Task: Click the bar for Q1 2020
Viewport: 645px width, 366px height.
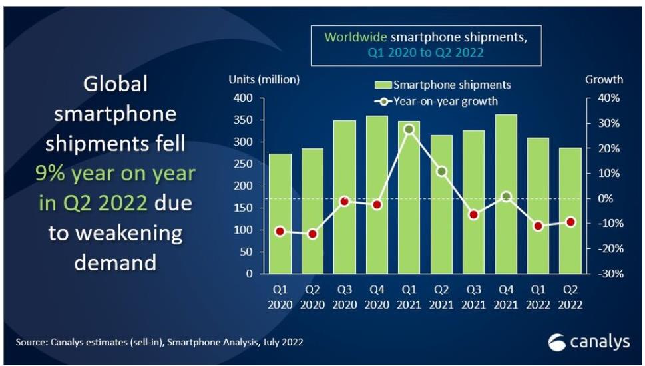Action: [x=280, y=214]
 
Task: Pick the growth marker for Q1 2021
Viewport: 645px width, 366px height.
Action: [x=409, y=130]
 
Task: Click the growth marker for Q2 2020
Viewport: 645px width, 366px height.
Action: [x=312, y=234]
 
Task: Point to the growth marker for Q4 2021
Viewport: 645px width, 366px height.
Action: [x=506, y=196]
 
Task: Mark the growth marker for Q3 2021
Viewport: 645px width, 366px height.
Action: [x=473, y=215]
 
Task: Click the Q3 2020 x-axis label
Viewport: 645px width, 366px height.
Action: [x=344, y=297]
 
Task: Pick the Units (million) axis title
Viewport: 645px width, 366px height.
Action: [x=264, y=79]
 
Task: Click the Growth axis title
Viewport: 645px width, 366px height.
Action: [x=604, y=79]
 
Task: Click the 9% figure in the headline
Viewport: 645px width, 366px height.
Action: [x=50, y=174]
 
